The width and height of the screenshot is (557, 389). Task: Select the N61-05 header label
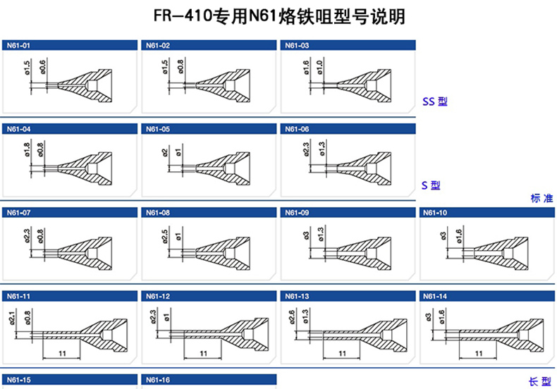[158, 130]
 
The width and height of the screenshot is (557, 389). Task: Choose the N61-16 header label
[158, 381]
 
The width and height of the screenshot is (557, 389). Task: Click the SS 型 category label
[434, 102]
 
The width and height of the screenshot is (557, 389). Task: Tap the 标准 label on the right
[541, 199]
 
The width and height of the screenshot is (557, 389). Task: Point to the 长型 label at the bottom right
[539, 381]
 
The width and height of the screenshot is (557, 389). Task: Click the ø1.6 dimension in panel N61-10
[460, 235]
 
